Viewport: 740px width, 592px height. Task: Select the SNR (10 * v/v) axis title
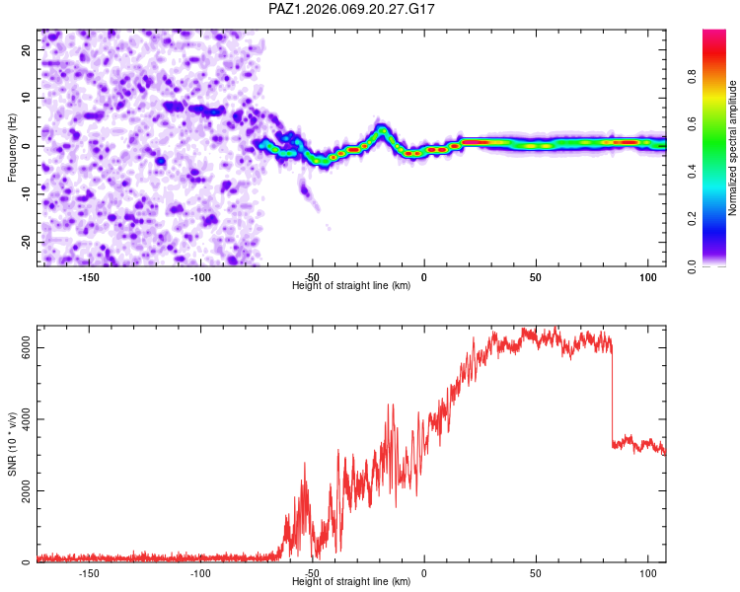point(12,444)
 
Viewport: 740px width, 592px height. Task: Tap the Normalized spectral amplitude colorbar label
point(732,147)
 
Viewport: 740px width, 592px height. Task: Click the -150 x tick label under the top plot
point(89,277)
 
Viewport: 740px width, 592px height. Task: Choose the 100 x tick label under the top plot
point(647,277)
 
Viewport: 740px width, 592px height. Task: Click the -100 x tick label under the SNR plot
point(200,573)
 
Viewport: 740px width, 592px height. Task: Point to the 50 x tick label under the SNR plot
point(536,573)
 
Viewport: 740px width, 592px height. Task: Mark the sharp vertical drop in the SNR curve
point(612,395)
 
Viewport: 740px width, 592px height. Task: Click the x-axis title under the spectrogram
point(351,286)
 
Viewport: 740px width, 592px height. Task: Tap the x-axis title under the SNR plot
point(351,582)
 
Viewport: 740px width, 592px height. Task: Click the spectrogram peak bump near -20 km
point(382,129)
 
